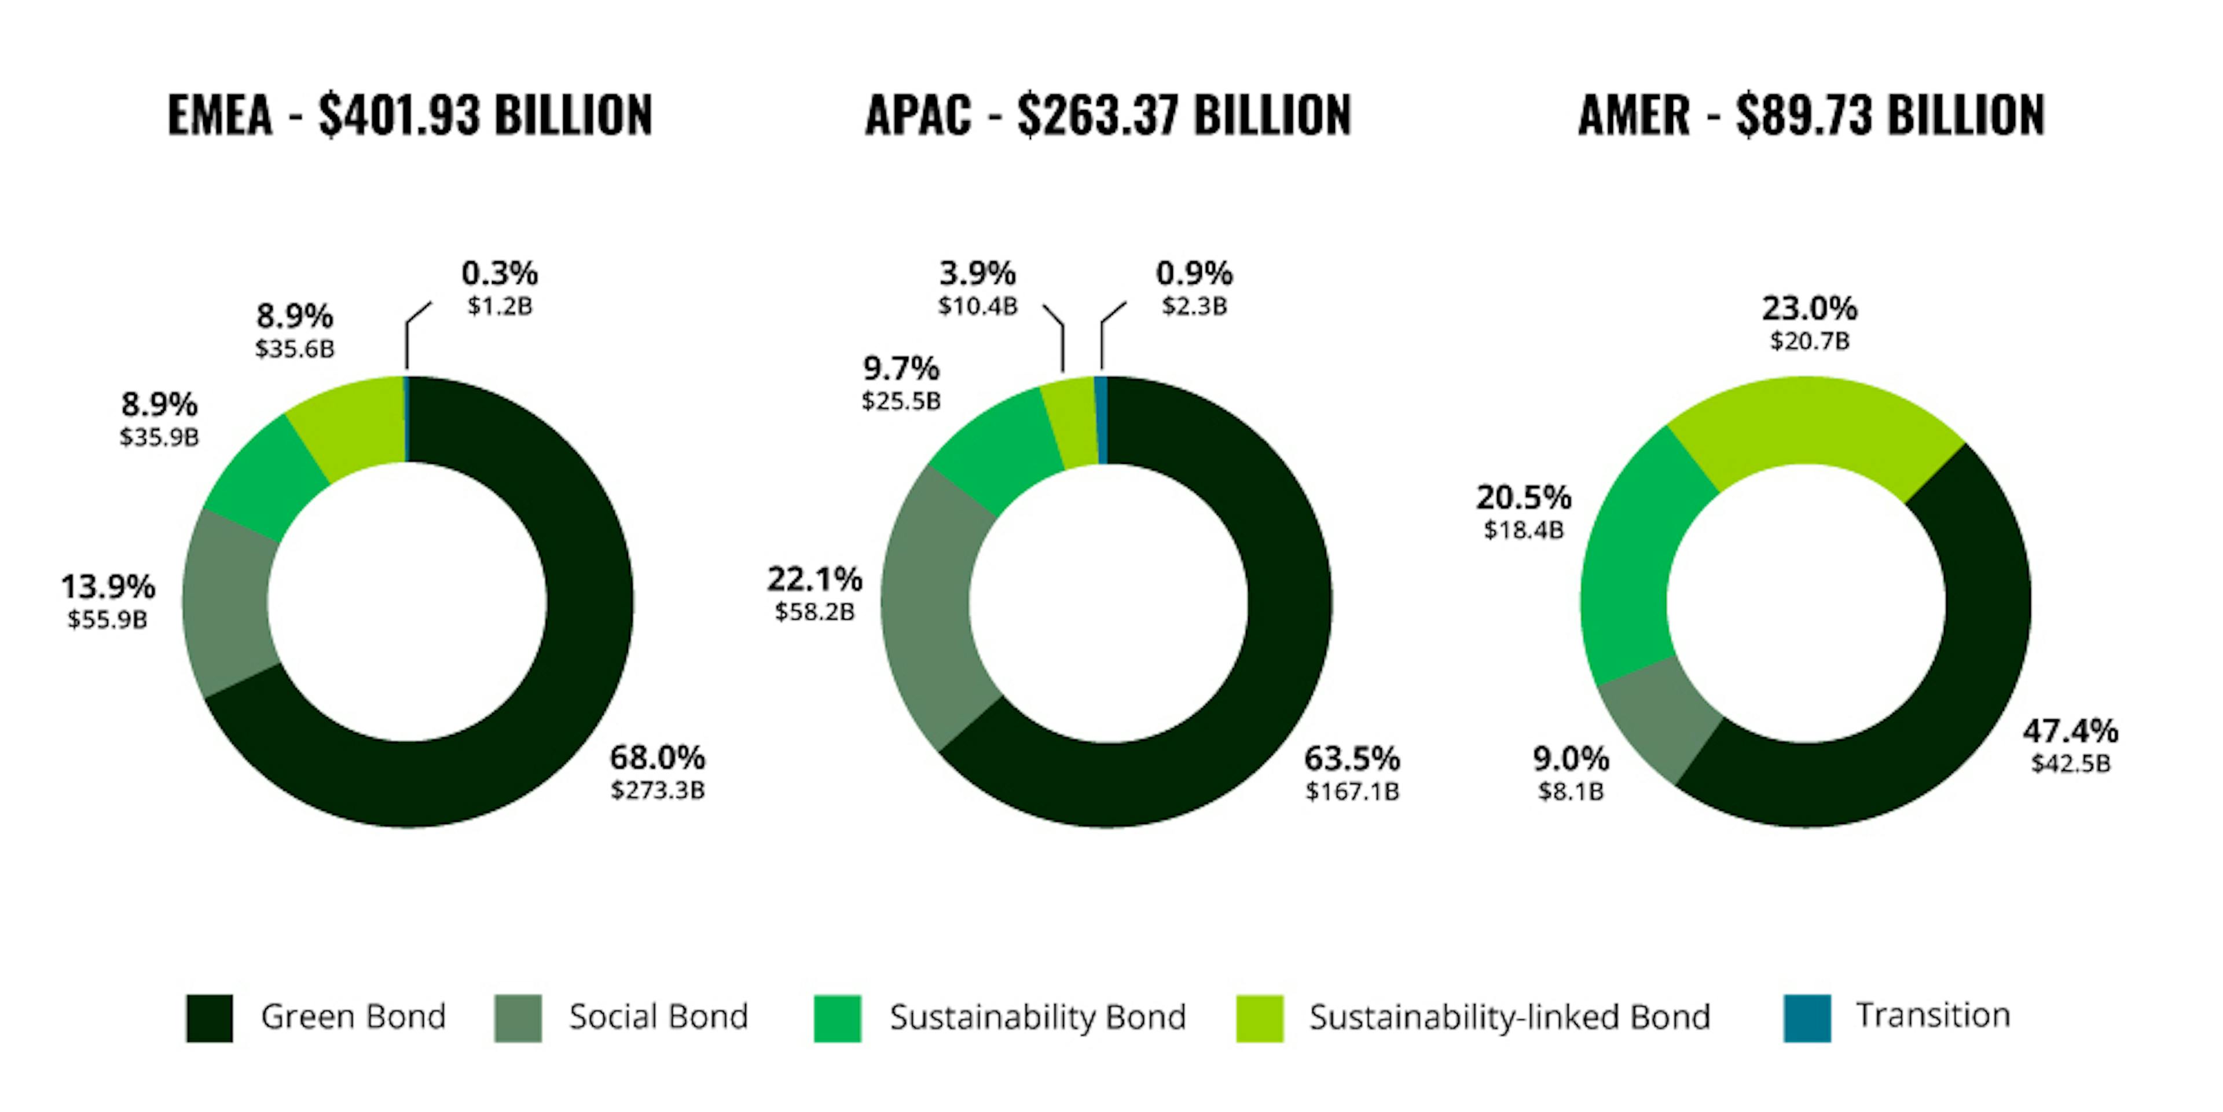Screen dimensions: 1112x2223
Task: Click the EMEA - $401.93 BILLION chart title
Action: (410, 115)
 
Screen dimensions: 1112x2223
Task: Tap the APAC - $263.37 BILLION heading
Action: (1108, 115)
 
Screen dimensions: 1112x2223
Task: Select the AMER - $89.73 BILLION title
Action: (1811, 115)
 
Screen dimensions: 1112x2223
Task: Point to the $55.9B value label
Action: (108, 619)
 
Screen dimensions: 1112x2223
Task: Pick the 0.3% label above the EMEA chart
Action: (500, 274)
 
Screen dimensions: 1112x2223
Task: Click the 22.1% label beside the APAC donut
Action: (815, 579)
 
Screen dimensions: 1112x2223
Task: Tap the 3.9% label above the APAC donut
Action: (978, 274)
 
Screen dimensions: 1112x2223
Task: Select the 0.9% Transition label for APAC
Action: (1194, 274)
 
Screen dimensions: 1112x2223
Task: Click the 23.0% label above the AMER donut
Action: (1810, 308)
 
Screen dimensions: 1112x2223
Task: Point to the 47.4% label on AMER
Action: (2070, 731)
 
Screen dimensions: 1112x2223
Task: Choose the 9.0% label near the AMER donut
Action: (1571, 759)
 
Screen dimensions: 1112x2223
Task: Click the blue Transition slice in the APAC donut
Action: (1101, 420)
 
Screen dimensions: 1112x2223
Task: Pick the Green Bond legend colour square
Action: (210, 1018)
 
